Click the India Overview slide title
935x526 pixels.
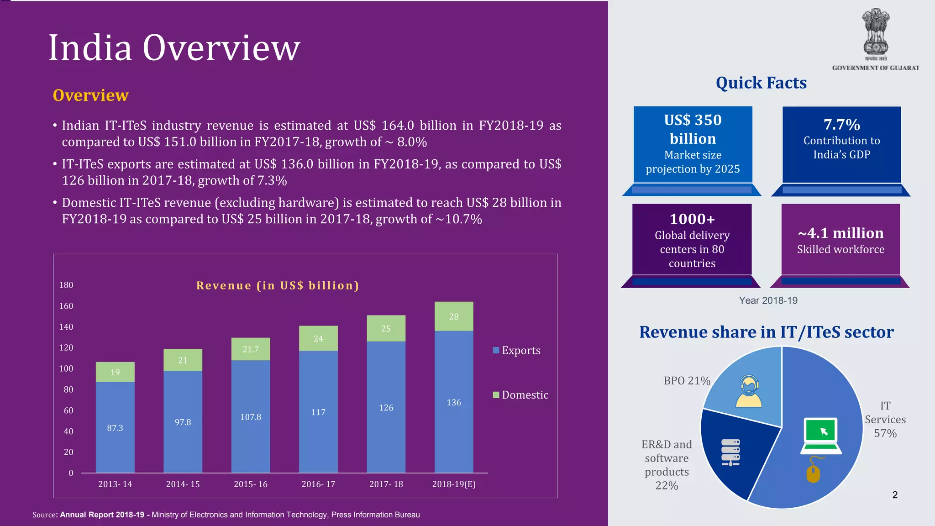(x=174, y=47)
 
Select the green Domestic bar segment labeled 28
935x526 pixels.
(x=453, y=316)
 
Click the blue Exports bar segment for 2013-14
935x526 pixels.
(x=115, y=427)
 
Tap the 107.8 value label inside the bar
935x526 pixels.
(x=251, y=417)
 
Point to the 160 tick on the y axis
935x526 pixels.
(x=66, y=306)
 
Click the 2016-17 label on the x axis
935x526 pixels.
(x=318, y=484)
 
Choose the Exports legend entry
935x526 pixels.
(x=517, y=351)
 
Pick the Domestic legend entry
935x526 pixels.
(x=521, y=395)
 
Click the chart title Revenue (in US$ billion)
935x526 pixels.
(x=278, y=285)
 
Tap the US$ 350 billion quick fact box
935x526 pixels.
(x=693, y=144)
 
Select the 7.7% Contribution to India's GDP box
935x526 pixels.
(x=841, y=144)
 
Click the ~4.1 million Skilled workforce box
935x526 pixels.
(x=840, y=240)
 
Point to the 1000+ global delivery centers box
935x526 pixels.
(x=692, y=240)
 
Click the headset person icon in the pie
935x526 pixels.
(x=749, y=392)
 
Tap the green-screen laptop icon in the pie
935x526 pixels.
(x=821, y=436)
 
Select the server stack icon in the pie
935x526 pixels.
(x=730, y=452)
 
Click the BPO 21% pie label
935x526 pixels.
(x=687, y=381)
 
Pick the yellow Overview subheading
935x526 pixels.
(x=90, y=95)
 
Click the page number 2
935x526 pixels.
(x=895, y=495)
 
